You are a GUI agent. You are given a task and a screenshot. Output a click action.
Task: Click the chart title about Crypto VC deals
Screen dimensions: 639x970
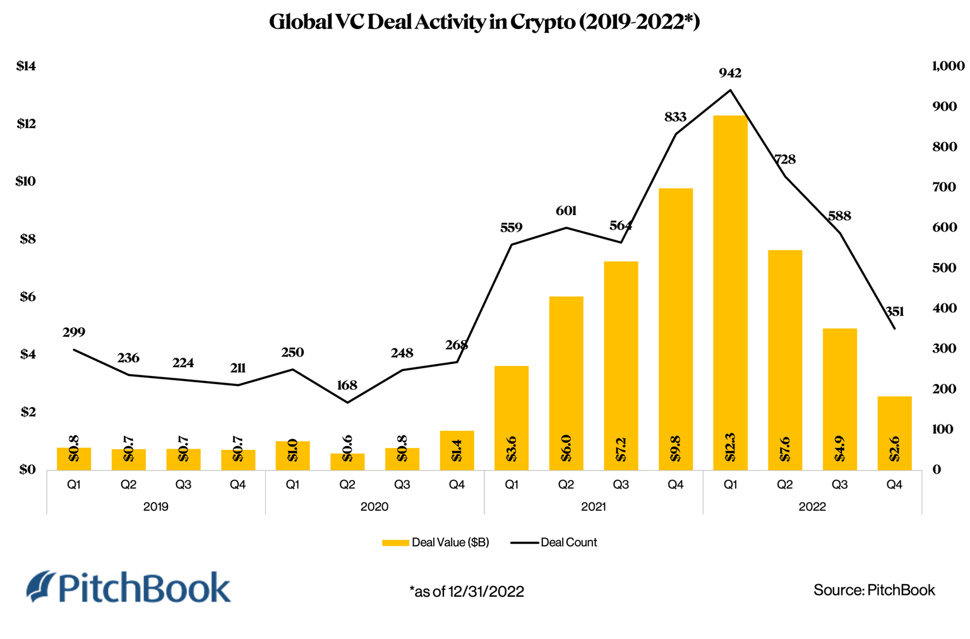click(x=484, y=22)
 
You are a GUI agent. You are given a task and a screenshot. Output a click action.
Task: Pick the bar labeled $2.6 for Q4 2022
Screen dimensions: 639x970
click(x=894, y=433)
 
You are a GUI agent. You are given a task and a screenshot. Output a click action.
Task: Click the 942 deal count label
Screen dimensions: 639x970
click(x=730, y=73)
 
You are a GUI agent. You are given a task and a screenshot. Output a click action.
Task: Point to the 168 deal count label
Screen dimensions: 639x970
click(x=347, y=385)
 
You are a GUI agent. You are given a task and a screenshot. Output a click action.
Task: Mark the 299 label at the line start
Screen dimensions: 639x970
click(x=74, y=332)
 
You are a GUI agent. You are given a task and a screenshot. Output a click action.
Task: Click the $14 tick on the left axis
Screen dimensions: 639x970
click(x=27, y=66)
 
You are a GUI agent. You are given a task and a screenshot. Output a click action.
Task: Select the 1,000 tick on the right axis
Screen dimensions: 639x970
click(x=948, y=66)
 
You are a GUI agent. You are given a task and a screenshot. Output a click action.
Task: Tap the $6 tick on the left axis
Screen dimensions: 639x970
click(x=27, y=296)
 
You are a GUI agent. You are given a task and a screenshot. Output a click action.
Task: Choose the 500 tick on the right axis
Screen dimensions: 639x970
click(x=945, y=267)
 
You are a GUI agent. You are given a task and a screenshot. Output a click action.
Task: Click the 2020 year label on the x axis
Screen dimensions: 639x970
click(x=374, y=507)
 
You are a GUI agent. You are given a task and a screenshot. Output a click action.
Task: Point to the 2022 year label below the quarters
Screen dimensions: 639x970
click(x=812, y=507)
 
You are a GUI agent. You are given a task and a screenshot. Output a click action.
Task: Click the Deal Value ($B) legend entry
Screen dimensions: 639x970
click(x=436, y=542)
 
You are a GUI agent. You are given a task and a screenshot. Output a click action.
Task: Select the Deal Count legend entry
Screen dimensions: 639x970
click(x=554, y=542)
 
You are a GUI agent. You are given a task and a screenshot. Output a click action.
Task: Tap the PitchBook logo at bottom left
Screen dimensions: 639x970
click(x=129, y=587)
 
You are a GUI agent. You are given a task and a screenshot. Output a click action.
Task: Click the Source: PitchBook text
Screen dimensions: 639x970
click(x=874, y=590)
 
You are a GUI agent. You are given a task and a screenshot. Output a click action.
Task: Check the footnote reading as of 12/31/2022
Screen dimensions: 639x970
click(x=467, y=591)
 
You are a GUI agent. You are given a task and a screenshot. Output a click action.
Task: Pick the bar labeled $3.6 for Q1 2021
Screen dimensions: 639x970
click(x=512, y=418)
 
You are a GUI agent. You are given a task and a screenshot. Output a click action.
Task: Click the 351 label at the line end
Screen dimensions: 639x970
click(x=894, y=312)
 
